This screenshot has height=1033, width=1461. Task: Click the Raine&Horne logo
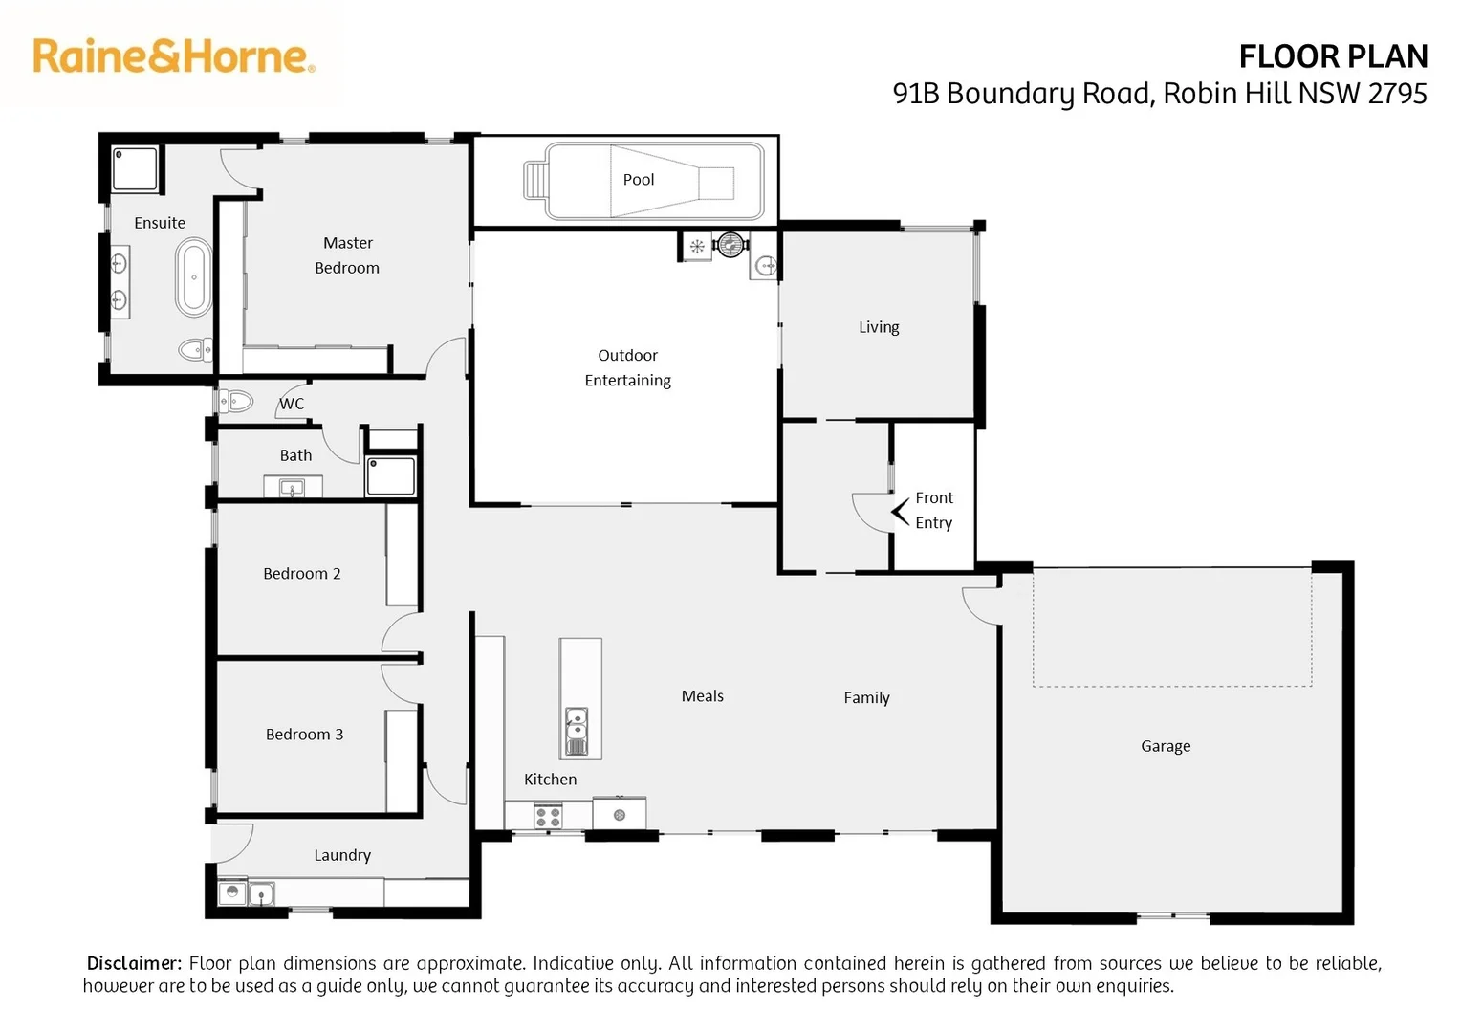(173, 56)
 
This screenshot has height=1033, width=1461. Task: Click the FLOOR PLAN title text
(1332, 56)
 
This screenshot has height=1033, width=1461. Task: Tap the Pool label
(638, 180)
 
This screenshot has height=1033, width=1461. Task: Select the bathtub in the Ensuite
(193, 278)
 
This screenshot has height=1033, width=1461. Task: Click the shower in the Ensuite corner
(138, 169)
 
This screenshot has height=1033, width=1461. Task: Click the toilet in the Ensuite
(195, 350)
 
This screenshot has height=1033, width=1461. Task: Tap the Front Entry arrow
(900, 512)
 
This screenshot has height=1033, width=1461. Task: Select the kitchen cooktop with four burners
(548, 817)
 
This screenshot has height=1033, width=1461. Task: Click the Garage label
(1165, 746)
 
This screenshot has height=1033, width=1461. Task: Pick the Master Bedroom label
(347, 255)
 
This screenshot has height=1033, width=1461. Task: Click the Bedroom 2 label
(301, 574)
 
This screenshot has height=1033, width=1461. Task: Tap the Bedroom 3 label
(304, 735)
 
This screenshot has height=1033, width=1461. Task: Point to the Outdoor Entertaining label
(627, 367)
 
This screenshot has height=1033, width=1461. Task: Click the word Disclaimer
(133, 963)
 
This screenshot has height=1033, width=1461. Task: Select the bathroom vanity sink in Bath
(292, 489)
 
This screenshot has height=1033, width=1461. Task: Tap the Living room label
(878, 327)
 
